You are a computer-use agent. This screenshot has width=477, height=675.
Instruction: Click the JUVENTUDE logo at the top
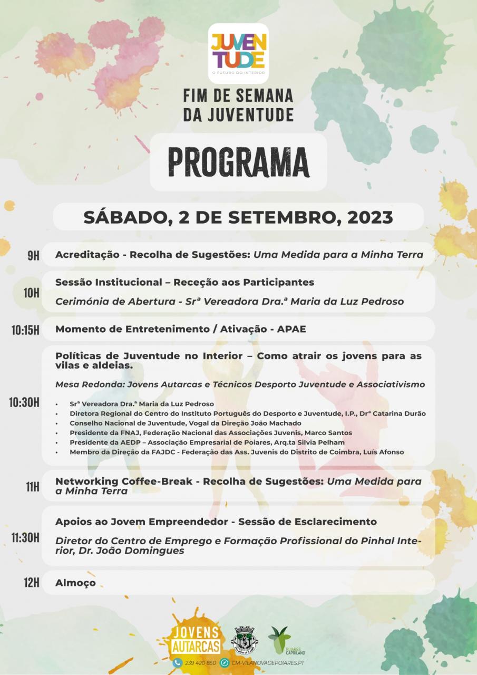(x=238, y=53)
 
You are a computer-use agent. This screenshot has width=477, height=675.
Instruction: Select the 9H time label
(x=33, y=256)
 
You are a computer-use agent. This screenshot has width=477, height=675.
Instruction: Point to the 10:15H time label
(x=25, y=330)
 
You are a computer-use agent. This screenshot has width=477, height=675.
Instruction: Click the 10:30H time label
(x=24, y=403)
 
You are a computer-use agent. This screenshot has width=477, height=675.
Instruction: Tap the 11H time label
(x=33, y=486)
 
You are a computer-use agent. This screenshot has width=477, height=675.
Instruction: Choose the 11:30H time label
(x=25, y=537)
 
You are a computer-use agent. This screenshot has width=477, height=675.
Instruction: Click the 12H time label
(x=32, y=583)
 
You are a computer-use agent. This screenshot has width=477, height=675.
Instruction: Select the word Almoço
(x=75, y=583)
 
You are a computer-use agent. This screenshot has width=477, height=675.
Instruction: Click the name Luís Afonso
(x=385, y=451)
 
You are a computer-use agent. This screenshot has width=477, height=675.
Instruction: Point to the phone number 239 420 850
(x=200, y=663)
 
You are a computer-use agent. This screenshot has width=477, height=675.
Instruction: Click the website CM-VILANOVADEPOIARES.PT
(x=268, y=663)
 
